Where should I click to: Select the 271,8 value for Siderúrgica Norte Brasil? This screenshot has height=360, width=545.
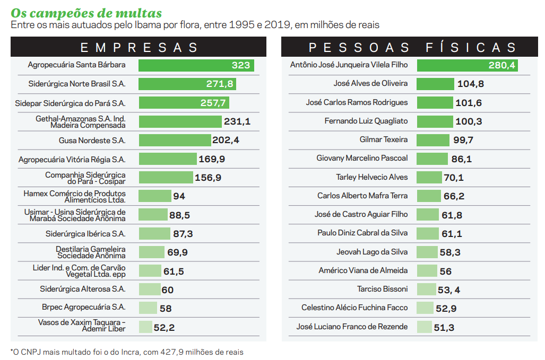click(x=220, y=84)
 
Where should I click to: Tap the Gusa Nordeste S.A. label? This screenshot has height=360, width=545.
click(x=92, y=141)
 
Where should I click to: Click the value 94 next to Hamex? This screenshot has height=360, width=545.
click(x=179, y=196)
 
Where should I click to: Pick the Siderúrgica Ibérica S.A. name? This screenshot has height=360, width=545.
click(x=85, y=233)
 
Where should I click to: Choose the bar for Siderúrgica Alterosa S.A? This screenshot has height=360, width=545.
click(x=149, y=289)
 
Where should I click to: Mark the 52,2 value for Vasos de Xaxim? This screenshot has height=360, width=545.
click(x=164, y=328)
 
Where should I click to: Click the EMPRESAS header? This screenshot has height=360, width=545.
click(x=139, y=48)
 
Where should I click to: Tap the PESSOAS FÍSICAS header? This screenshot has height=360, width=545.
click(x=412, y=48)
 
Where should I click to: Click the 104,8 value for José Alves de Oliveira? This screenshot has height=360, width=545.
click(x=470, y=84)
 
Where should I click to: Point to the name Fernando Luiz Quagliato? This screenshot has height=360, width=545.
click(x=366, y=121)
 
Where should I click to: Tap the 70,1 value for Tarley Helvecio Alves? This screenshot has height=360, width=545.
click(x=454, y=178)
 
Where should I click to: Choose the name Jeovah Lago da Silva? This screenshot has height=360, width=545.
click(x=372, y=252)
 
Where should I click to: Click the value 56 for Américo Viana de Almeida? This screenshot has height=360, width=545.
click(x=445, y=271)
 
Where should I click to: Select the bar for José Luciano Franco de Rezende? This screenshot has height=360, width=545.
click(x=424, y=327)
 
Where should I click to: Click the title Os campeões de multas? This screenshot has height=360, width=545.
click(x=86, y=12)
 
